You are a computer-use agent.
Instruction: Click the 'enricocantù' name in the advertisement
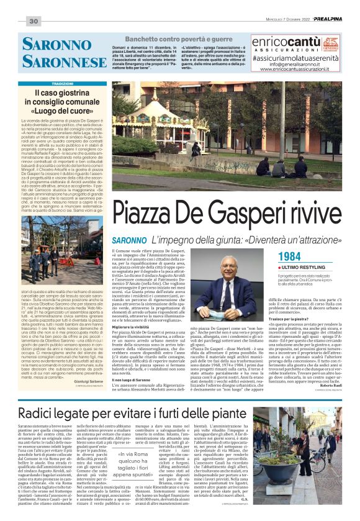pyautogui.click(x=286, y=43)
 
